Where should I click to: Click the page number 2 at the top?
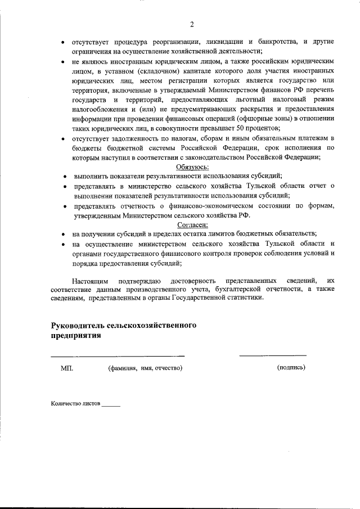192,24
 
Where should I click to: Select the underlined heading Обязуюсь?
192,167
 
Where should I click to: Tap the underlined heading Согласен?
192,224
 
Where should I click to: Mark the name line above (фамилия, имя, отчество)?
118,355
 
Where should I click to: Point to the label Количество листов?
75,404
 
